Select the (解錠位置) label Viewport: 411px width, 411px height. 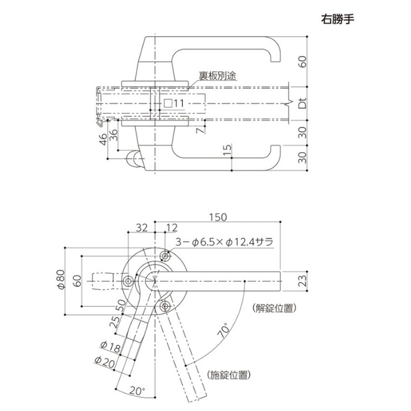(274, 308)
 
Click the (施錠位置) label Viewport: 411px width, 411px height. (227, 374)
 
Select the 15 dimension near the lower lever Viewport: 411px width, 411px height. (226, 150)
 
